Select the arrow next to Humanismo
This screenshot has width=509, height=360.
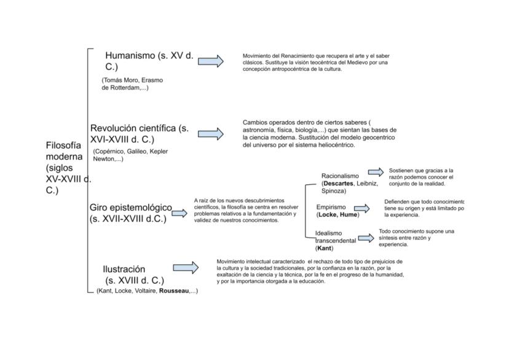(x=211, y=60)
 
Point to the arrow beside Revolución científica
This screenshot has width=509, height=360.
(x=211, y=134)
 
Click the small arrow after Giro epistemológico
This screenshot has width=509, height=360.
(x=179, y=213)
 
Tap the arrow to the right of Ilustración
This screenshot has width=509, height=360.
(x=186, y=267)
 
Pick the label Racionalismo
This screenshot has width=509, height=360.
(x=340, y=176)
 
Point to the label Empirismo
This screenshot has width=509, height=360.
(x=331, y=207)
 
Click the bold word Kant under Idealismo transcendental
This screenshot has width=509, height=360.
(x=324, y=248)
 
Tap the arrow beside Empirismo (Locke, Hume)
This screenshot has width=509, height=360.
(x=362, y=209)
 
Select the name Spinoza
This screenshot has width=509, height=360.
(x=334, y=191)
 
